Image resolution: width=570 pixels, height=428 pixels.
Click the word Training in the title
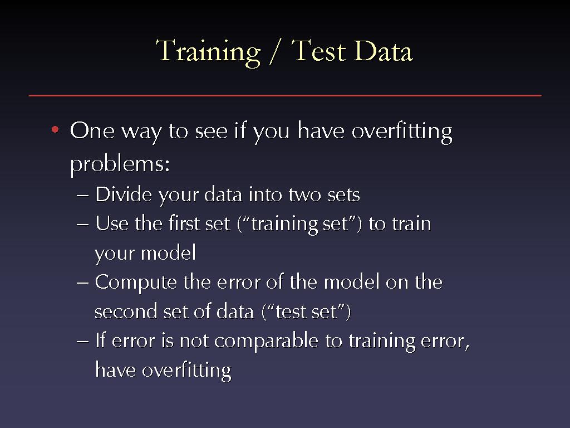(208, 52)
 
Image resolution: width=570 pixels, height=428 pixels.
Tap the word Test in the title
(319, 50)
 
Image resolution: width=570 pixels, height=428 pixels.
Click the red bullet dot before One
(55, 129)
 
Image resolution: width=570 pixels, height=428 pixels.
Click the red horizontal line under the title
(285, 96)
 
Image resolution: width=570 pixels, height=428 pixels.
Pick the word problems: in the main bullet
(120, 164)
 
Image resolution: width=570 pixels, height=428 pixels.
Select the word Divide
(124, 194)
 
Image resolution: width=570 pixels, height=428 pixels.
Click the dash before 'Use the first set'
(82, 224)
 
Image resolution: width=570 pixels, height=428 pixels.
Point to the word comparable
(267, 342)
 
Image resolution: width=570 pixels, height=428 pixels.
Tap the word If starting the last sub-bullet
(100, 340)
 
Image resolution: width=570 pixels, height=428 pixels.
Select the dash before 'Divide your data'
(82, 196)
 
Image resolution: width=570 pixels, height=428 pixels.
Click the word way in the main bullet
(141, 132)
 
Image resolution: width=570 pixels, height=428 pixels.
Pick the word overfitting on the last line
(186, 371)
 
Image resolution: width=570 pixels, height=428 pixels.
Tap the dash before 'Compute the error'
(82, 283)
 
